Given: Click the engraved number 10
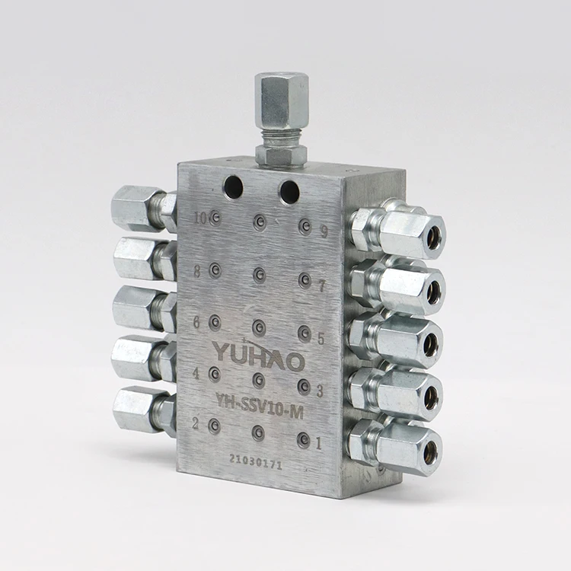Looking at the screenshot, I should (200, 219).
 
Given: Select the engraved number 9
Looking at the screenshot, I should (324, 232).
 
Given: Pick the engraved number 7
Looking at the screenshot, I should (321, 287).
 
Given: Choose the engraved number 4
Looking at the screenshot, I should (196, 375).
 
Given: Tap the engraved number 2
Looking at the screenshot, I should (195, 425).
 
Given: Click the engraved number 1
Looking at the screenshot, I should (318, 442).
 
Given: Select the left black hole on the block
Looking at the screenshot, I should (233, 187).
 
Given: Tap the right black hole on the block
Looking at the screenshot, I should (289, 192).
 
